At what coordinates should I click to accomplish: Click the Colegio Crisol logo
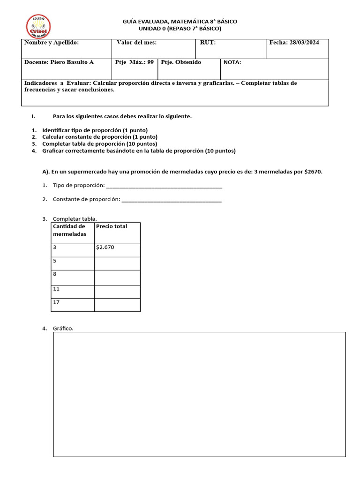tap(38, 27)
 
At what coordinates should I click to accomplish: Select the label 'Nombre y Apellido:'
tap(52, 43)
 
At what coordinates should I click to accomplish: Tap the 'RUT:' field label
tap(208, 43)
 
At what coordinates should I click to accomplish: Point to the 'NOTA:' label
tap(232, 62)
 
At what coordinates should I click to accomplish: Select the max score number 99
tap(150, 62)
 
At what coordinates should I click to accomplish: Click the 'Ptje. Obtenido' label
tap(181, 62)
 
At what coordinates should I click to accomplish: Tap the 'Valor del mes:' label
tap(136, 43)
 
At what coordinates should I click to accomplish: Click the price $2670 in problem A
tap(313, 172)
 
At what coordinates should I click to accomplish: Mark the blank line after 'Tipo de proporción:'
tap(164, 186)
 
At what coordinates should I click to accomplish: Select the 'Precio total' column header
tap(112, 226)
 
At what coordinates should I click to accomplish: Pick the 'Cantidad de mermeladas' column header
tap(69, 230)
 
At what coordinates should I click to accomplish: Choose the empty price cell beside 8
tap(117, 277)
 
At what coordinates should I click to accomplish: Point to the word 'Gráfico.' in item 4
tap(63, 329)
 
